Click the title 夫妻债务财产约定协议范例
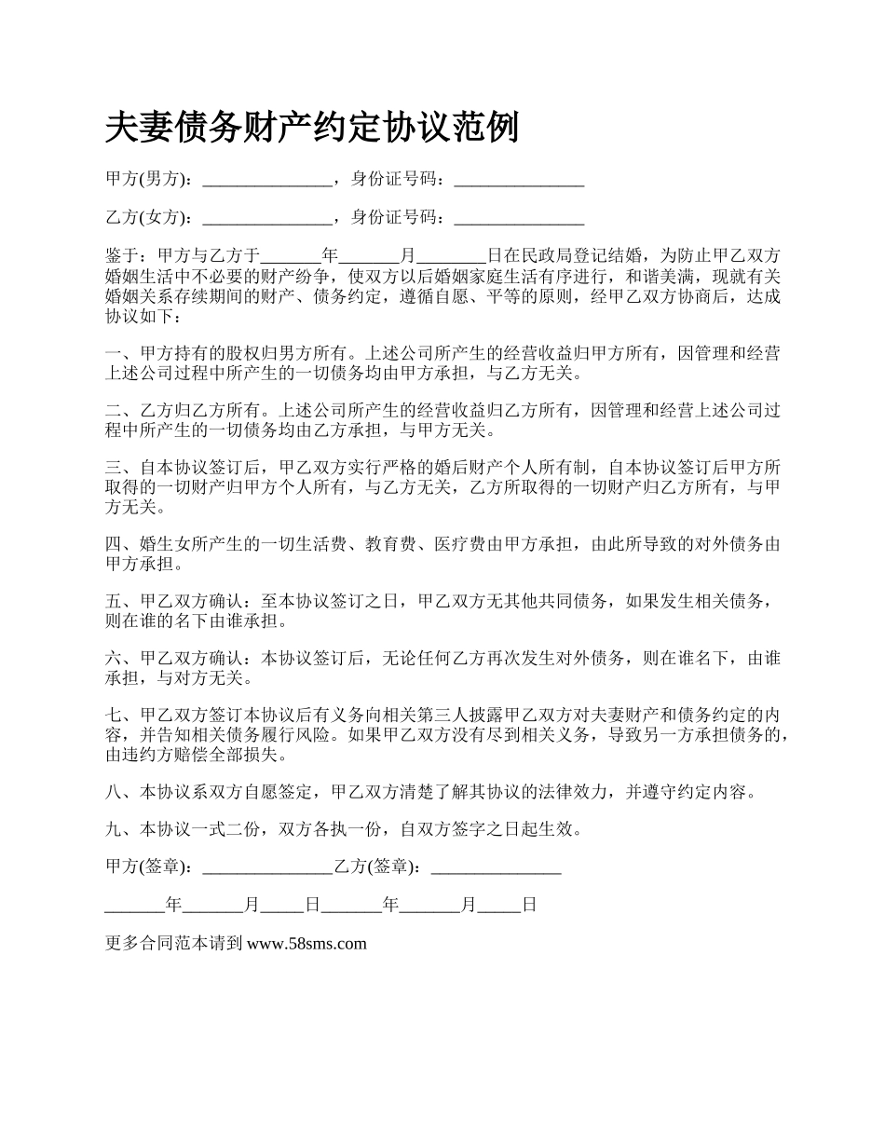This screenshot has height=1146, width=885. point(312,128)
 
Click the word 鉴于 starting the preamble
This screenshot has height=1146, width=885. point(123,255)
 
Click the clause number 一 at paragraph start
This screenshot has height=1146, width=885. point(115,354)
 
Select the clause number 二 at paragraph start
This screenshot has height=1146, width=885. point(115,410)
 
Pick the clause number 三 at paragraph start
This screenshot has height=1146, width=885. point(115,468)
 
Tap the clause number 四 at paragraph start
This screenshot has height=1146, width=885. point(115,544)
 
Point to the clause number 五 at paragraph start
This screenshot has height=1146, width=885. point(115,602)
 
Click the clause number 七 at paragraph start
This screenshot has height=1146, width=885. point(115,716)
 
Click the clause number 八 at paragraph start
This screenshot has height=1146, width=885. point(115,792)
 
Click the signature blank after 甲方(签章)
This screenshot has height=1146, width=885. point(266,867)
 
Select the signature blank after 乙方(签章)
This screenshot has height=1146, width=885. point(497,867)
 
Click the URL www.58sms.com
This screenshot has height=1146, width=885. point(306,944)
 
